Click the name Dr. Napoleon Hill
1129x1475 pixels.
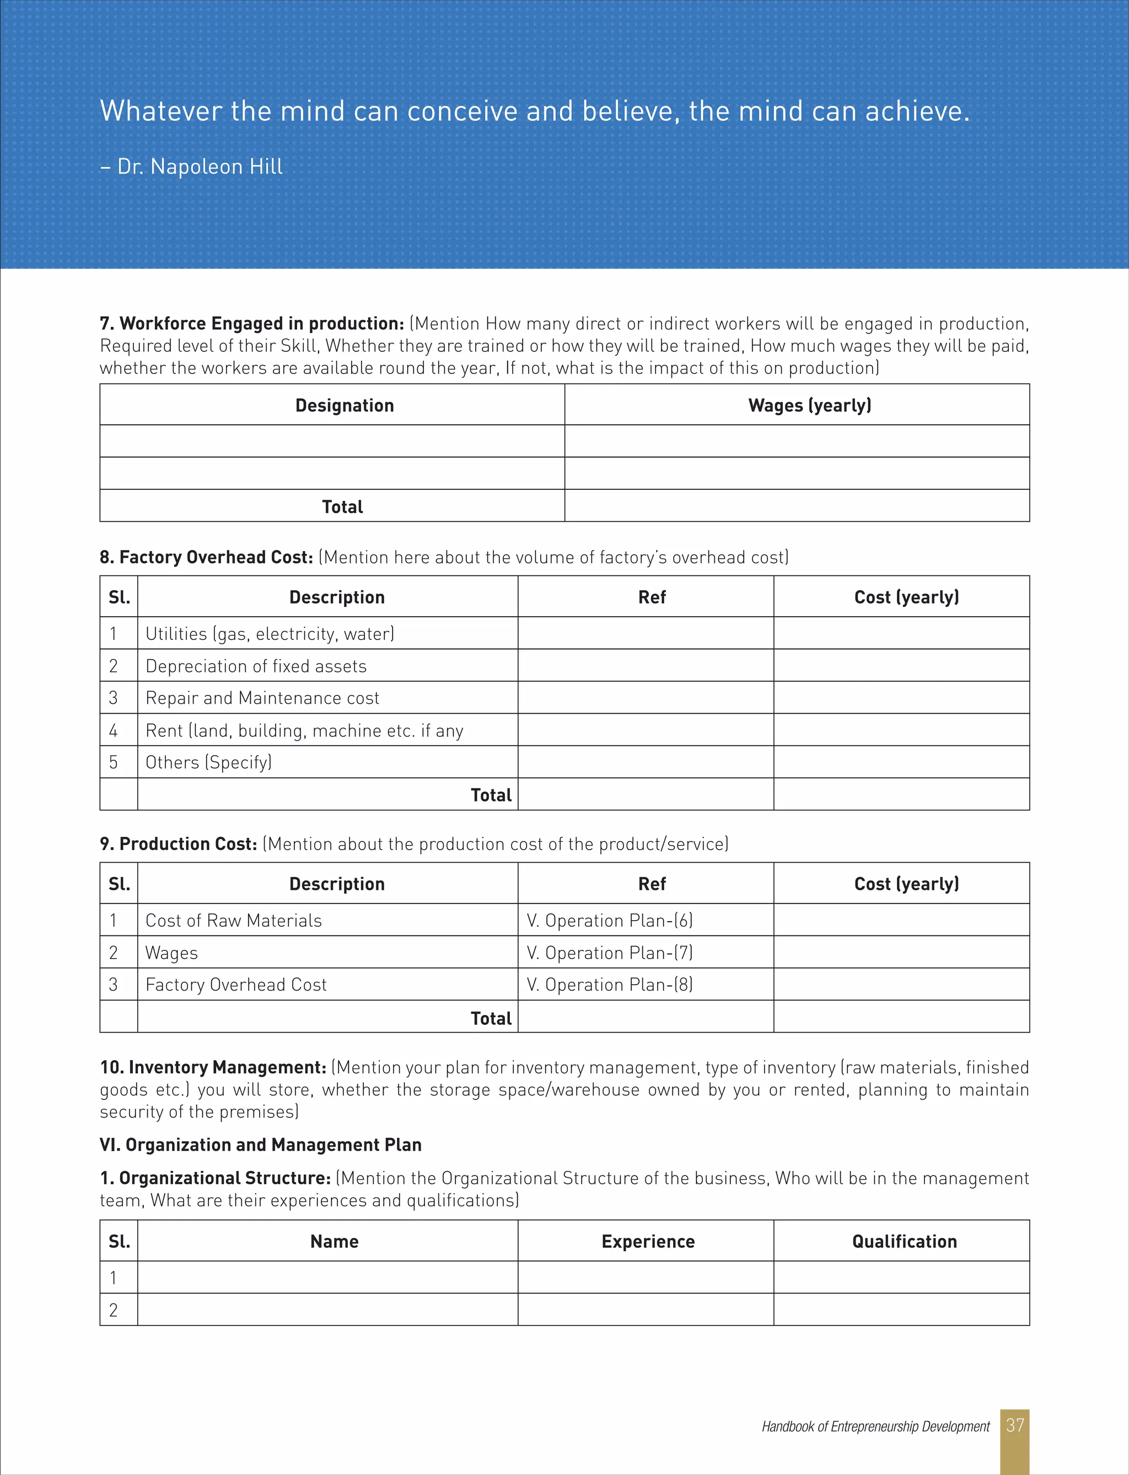coord(200,166)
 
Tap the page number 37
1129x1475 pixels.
coord(1015,1425)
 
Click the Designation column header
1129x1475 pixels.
coord(344,405)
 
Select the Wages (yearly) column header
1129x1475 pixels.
coord(809,405)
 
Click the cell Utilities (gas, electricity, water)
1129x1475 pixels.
coord(270,634)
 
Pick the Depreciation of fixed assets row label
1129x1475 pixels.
coord(256,666)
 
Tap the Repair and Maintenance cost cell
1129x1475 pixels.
coord(262,698)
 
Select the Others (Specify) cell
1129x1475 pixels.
coord(208,762)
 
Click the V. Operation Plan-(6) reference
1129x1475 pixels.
coord(610,921)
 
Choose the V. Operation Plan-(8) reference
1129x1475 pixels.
coord(610,985)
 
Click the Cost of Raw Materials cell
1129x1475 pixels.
coord(233,921)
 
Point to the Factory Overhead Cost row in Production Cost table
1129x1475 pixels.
coord(236,985)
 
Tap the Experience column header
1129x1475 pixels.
coord(648,1242)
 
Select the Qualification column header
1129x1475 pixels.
coord(904,1242)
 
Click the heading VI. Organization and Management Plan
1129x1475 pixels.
coord(261,1145)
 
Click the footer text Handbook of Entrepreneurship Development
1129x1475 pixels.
coord(875,1426)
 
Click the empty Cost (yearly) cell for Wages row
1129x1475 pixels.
coord(901,953)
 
